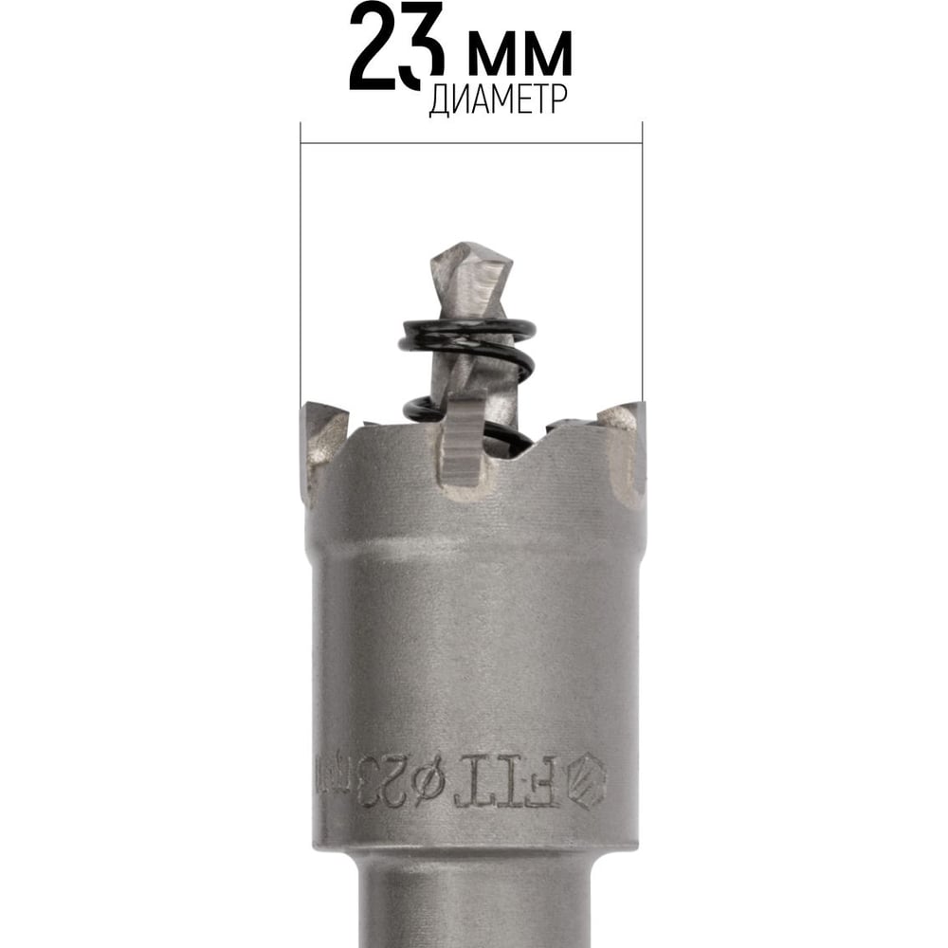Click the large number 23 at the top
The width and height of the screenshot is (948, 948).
point(396,46)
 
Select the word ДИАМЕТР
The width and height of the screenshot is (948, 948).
point(499,100)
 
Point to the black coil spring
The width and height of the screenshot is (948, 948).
point(466,374)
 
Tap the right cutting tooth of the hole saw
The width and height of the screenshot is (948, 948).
point(624,445)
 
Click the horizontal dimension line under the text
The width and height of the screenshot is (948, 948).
point(471,144)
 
